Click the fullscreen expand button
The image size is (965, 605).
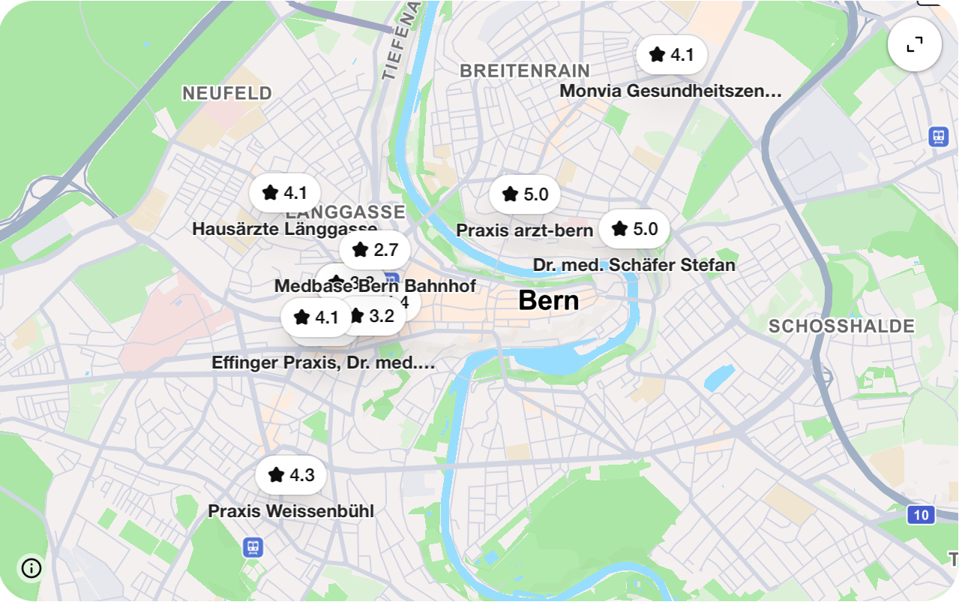coord(914,45)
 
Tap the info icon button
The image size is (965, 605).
coord(31,568)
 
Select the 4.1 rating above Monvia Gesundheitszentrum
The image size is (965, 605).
coord(672,55)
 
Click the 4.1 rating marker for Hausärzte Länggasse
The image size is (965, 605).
coord(285,193)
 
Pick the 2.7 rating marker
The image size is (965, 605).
coord(375,249)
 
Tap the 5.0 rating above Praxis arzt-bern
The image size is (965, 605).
coord(525,194)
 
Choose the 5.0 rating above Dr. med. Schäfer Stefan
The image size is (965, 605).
coord(634,229)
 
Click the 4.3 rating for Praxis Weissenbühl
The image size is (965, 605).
coord(291,475)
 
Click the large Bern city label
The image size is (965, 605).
coord(548,301)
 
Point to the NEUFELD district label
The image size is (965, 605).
coord(227,93)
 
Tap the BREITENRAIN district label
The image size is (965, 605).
coord(524,71)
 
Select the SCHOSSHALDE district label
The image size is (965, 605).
coord(841,327)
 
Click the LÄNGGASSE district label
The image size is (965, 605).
coord(345,212)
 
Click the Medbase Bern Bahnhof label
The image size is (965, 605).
coord(374,286)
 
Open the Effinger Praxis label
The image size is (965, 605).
coord(323,363)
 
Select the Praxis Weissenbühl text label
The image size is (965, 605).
coord(290,511)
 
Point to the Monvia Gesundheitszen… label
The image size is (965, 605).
coord(670,91)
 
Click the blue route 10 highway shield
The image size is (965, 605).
coord(921,515)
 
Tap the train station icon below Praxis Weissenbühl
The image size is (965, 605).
coord(253,547)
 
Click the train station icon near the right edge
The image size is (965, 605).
coord(938,137)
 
